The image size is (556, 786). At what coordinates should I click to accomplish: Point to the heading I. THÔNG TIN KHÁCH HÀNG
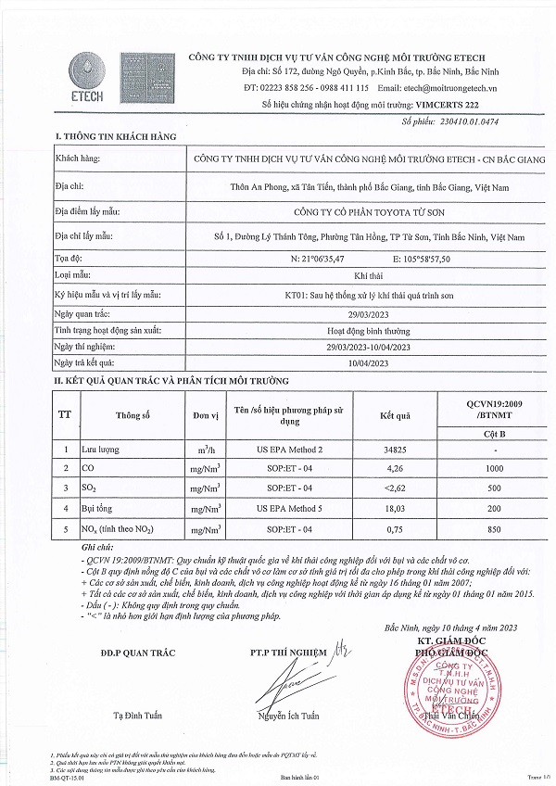coord(115,137)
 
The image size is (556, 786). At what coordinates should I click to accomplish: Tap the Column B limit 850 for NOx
coord(493,529)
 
